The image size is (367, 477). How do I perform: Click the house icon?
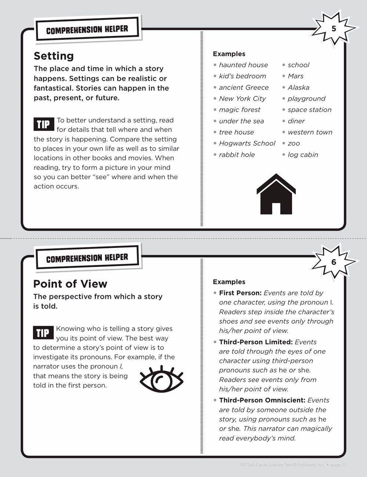276,195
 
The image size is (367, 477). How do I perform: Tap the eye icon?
161,379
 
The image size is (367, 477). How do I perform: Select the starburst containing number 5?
333,29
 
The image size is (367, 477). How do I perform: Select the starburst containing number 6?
333,262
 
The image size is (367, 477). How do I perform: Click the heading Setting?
54,56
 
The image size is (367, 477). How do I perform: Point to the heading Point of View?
70,284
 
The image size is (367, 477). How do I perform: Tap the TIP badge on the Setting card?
43,125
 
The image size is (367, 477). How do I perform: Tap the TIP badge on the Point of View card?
43,333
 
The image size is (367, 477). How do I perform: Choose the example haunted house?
243,65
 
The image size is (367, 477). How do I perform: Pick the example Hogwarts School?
247,143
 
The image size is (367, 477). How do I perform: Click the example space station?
309,110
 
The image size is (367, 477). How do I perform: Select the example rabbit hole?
237,155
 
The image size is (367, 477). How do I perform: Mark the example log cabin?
303,155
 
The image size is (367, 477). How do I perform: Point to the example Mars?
295,76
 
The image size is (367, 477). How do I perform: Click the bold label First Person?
240,293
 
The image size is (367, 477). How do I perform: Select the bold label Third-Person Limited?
256,342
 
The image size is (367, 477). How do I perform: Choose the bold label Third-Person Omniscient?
262,400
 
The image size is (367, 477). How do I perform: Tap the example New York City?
242,98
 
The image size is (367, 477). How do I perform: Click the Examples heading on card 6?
229,282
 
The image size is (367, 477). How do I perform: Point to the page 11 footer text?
338,465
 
